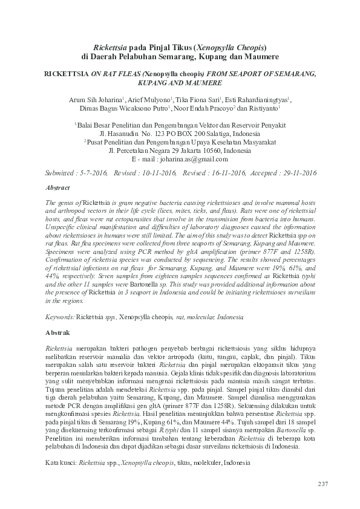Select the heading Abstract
pos(58,188)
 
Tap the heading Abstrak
pos(58,332)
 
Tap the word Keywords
pos(60,317)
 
